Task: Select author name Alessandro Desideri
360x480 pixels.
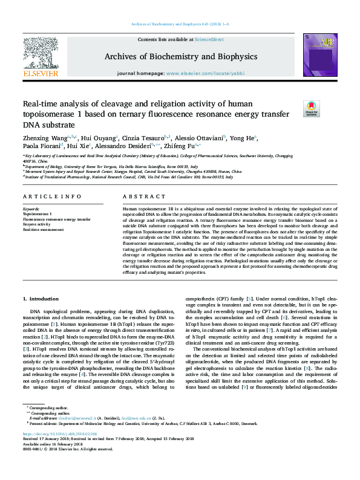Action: pyautogui.click(x=126, y=147)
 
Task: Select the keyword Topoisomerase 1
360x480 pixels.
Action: pyautogui.click(x=38, y=214)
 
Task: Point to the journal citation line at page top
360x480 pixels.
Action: pyautogui.click(x=180, y=24)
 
